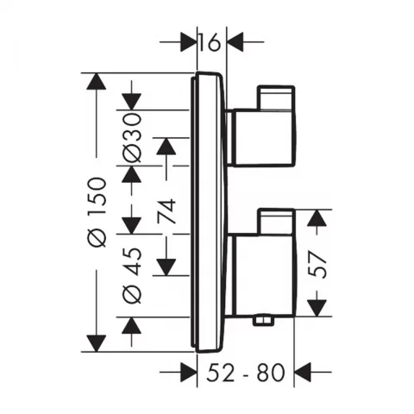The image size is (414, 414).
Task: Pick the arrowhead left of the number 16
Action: (x=186, y=41)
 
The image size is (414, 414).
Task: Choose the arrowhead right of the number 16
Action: (x=234, y=41)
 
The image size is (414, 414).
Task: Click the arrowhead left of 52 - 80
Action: (x=186, y=373)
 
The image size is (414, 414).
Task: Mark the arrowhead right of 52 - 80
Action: (x=304, y=373)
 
